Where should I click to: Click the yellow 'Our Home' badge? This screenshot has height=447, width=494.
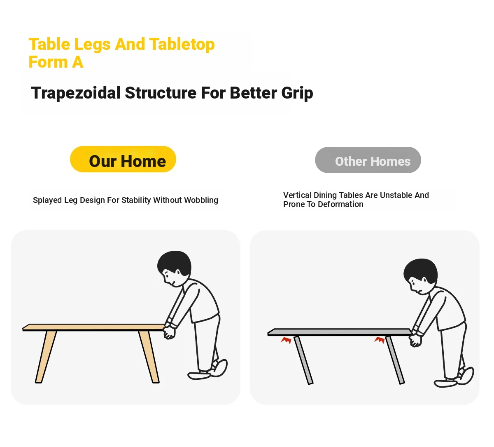123,159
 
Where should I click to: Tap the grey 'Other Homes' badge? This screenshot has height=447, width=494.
368,160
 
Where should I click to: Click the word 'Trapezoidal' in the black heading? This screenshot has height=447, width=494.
76,93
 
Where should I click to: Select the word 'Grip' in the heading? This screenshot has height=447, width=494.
297,93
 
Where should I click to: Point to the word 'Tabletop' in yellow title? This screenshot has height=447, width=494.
182,45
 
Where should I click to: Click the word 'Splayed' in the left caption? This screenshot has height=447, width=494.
47,200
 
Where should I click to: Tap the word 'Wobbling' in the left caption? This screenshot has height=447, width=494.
201,200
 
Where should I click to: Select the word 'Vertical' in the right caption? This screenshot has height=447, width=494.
297,195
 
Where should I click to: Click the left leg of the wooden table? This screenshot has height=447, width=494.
46,357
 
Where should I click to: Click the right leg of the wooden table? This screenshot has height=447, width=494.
149,357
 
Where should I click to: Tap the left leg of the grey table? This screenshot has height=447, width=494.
303,360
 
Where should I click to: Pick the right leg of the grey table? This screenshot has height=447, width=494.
395,360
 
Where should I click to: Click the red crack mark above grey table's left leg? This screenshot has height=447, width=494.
286,340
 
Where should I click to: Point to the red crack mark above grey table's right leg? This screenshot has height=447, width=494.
380,340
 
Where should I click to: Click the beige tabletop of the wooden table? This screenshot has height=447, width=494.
93,327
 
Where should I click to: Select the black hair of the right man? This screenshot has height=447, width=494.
421,270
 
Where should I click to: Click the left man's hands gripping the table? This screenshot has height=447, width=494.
169,332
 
